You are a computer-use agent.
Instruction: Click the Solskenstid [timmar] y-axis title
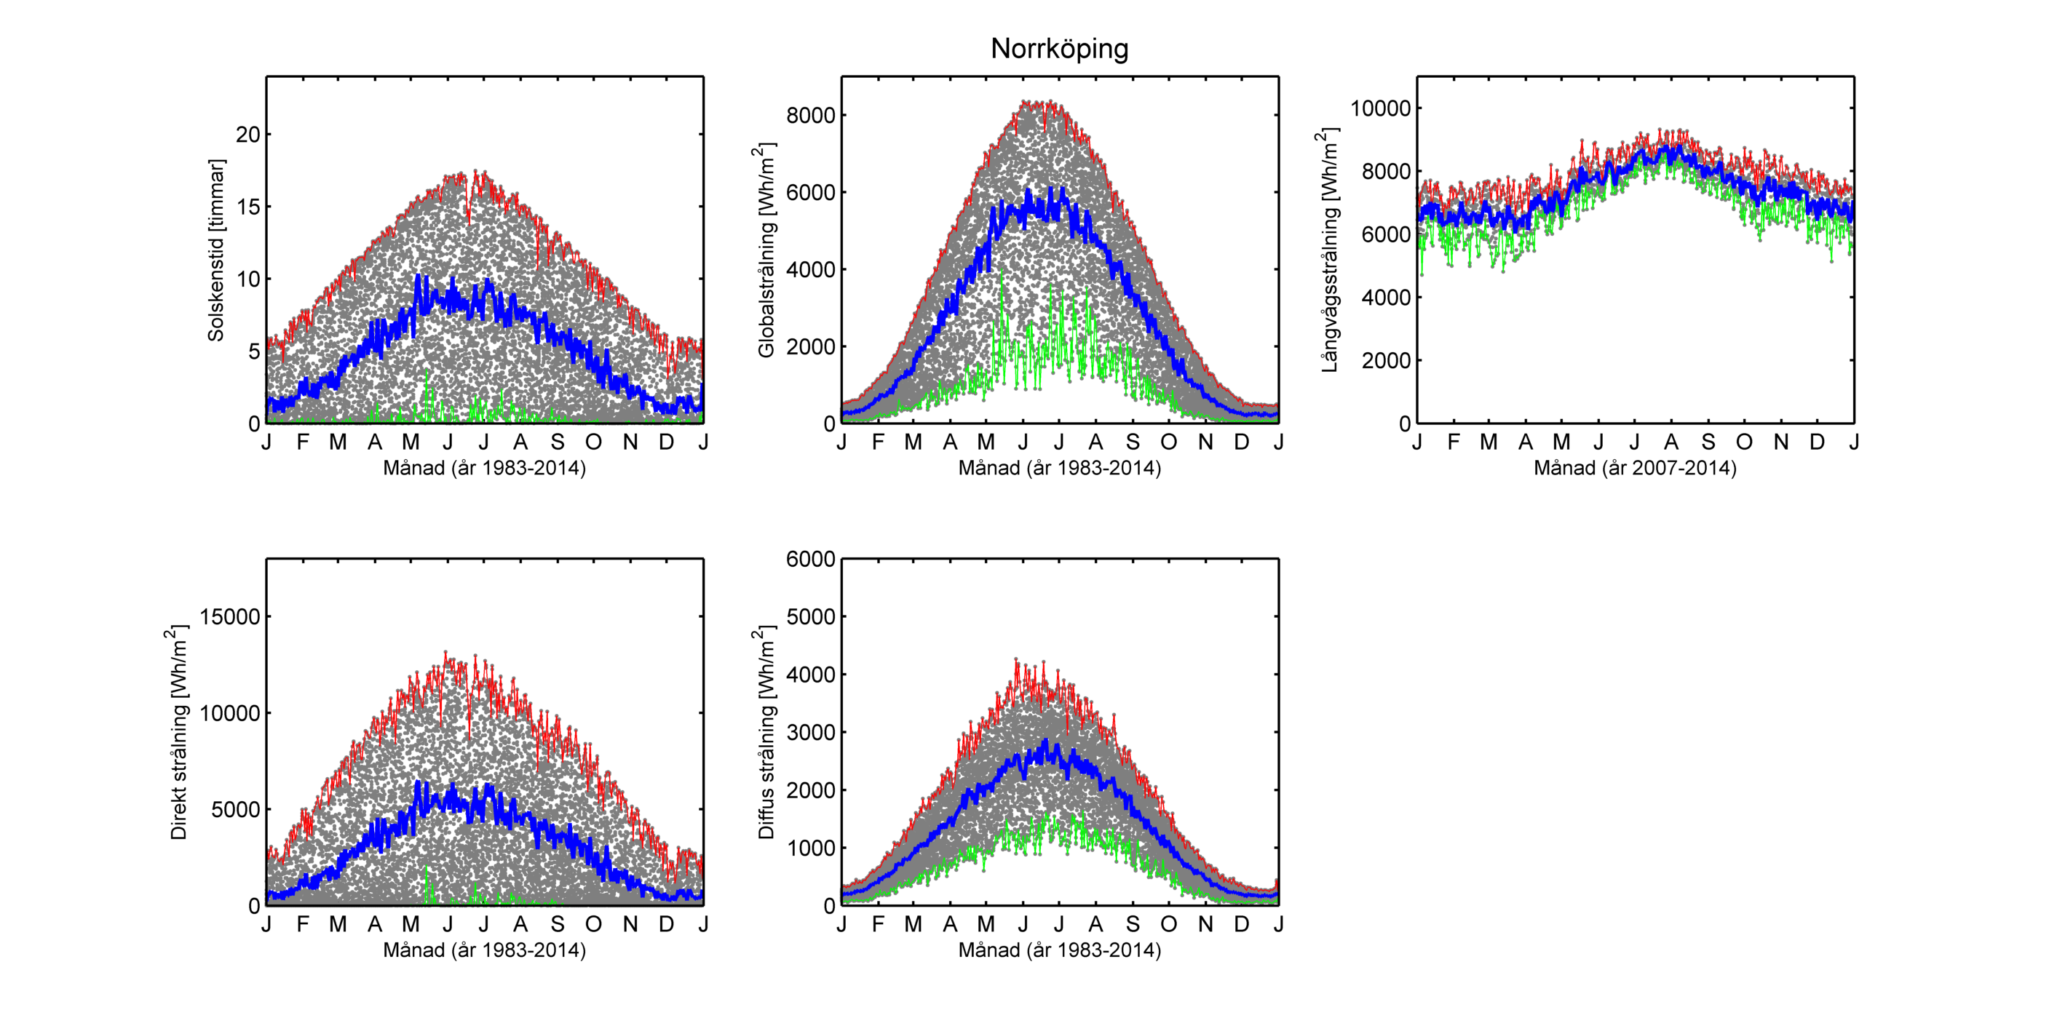click(215, 250)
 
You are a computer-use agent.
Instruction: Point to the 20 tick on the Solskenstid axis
click(248, 135)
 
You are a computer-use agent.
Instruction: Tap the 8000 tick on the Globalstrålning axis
click(811, 115)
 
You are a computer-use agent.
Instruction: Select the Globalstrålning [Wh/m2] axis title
click(765, 250)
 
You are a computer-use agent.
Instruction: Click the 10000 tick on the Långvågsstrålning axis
click(1380, 108)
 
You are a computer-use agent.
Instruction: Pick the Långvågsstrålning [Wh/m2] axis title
click(1328, 250)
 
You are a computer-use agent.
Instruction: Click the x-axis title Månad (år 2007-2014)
click(1635, 468)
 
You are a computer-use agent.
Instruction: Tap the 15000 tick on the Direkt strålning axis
click(230, 616)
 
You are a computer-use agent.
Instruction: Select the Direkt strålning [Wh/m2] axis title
click(179, 733)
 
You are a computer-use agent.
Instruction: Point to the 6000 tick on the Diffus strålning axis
click(811, 559)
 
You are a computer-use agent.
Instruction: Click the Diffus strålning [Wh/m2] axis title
click(765, 733)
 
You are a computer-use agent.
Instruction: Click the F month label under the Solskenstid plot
click(302, 442)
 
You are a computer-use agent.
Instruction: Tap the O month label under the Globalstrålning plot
click(1168, 442)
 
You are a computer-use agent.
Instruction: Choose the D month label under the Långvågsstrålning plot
click(1817, 442)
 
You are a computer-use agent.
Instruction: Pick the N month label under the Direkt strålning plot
click(630, 924)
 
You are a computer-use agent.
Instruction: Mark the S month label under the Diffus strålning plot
click(1133, 924)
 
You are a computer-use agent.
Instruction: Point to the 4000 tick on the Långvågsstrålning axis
click(1386, 298)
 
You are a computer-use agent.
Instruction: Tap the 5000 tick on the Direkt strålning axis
click(235, 810)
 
